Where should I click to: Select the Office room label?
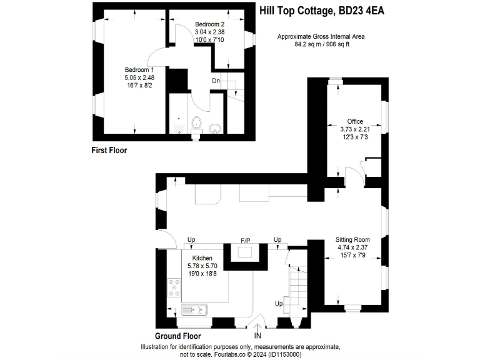pos(355,121)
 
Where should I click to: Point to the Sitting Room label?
pos(352,239)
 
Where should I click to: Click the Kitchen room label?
pos(202,257)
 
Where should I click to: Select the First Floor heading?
pos(109,150)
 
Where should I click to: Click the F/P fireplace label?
pos(246,240)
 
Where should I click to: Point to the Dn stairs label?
pos(216,80)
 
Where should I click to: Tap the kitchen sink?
pos(195,309)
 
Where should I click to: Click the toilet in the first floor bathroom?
pos(196,123)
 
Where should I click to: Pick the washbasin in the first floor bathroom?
pos(215,127)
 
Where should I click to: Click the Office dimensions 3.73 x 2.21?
pos(355,129)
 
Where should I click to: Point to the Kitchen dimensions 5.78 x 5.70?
pos(202,266)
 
